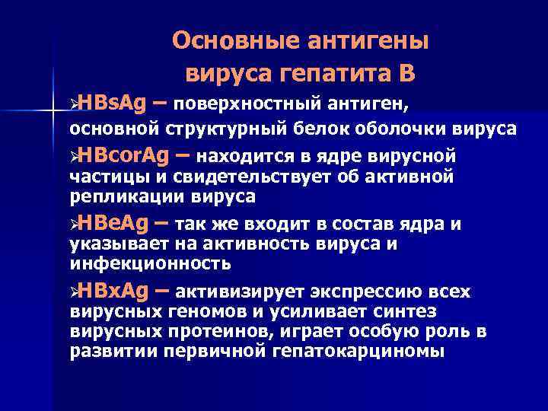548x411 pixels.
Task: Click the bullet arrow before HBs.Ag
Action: (73, 103)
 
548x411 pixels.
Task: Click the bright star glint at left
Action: (53, 111)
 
